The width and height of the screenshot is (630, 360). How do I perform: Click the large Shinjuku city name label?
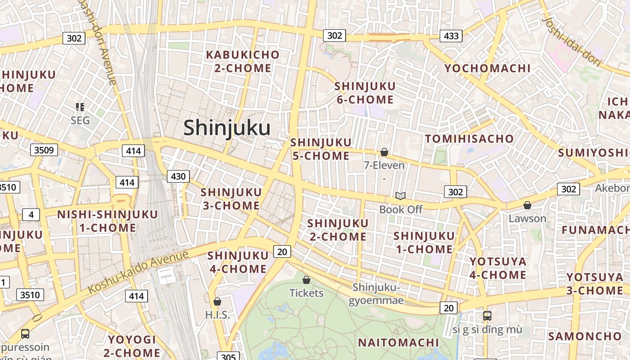click(x=227, y=128)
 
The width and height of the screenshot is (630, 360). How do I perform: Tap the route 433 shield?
click(x=451, y=36)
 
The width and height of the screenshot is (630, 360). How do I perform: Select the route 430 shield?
click(x=178, y=176)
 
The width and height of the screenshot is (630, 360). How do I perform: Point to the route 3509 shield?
click(x=44, y=150)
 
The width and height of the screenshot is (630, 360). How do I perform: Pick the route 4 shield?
click(x=31, y=215)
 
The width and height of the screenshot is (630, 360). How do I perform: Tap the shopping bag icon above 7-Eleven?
click(x=384, y=152)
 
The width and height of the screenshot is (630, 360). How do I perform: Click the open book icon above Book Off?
click(x=400, y=196)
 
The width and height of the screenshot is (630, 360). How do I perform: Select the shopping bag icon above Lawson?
click(x=527, y=205)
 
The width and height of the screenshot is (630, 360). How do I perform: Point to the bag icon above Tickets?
click(x=306, y=280)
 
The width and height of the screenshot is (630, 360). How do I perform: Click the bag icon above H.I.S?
click(x=217, y=301)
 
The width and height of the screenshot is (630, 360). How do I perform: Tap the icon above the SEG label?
click(x=80, y=107)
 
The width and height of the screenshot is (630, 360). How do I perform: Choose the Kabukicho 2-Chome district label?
click(x=243, y=61)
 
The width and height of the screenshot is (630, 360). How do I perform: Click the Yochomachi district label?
click(x=487, y=68)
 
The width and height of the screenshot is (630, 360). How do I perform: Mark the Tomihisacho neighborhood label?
click(x=469, y=139)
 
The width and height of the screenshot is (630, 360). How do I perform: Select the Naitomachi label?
click(x=398, y=342)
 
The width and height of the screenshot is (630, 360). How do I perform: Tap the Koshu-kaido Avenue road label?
click(x=138, y=272)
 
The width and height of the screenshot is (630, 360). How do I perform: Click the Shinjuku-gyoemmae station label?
click(x=376, y=294)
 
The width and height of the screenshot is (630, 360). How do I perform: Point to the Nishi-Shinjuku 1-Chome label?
click(x=108, y=221)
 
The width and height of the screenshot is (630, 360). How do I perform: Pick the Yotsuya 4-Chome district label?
click(x=498, y=268)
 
